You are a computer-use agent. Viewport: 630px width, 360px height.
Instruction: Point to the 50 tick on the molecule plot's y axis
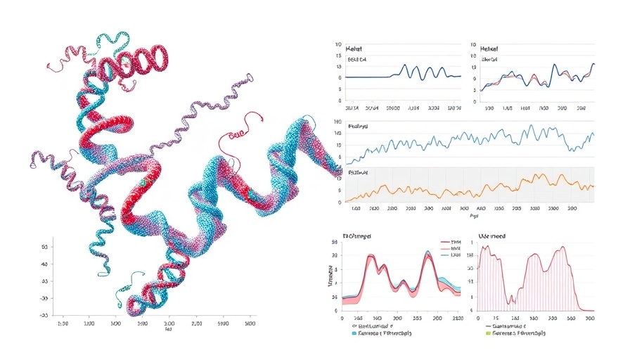coord(44,247)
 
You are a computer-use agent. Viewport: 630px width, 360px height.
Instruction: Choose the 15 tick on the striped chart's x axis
coord(496,319)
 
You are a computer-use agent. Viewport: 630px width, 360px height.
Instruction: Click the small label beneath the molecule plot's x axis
coord(168,330)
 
